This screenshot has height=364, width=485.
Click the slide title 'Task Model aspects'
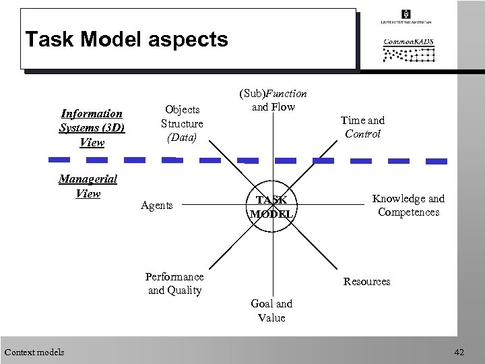click(x=127, y=39)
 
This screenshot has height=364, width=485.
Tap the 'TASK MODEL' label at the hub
click(x=272, y=206)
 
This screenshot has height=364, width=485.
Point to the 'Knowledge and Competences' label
click(x=409, y=205)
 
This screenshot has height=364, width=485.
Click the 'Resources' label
click(x=367, y=281)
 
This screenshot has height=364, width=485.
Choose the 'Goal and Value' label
click(x=271, y=311)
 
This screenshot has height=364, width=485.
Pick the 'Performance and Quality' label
click(x=175, y=284)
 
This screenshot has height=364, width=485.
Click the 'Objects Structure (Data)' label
click(x=182, y=123)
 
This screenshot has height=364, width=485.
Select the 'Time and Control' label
click(x=362, y=127)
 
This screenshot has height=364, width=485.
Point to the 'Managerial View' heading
click(x=88, y=186)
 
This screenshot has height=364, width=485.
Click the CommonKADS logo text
click(x=408, y=41)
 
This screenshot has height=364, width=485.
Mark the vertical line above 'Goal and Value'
click(x=272, y=263)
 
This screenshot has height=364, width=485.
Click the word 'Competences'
click(x=409, y=212)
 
